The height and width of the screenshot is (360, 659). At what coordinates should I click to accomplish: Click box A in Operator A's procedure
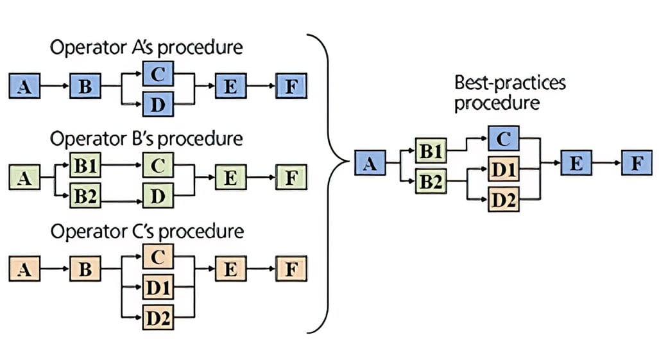25,86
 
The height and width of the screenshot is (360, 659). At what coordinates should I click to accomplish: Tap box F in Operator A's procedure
291,86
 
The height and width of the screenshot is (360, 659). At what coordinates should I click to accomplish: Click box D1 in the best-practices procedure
504,170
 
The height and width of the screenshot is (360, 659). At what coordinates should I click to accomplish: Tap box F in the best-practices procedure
637,164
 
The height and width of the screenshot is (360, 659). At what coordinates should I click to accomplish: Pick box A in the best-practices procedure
370,164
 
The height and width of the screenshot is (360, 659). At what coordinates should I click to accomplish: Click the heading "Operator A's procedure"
146,48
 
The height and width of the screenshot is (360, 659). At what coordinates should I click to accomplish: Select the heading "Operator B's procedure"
146,139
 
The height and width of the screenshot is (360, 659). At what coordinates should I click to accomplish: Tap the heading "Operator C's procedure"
146,231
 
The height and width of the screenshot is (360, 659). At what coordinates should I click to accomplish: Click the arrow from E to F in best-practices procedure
606,164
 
